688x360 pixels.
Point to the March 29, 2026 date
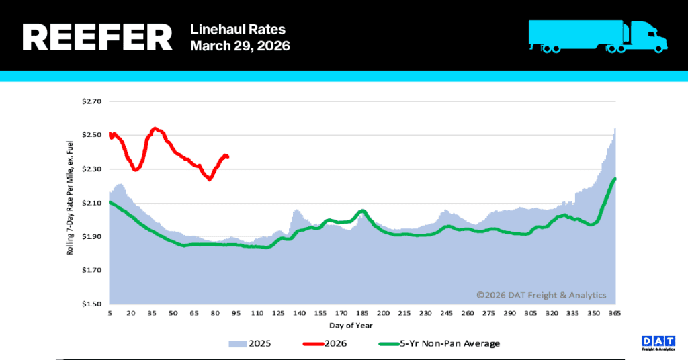click(240, 46)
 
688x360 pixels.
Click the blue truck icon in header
click(597, 36)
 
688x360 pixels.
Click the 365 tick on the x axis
click(614, 314)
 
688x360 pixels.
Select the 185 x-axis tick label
click(362, 314)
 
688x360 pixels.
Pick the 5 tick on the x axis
click(110, 314)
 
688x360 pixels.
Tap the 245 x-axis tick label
click(446, 314)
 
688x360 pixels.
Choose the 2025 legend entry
click(251, 343)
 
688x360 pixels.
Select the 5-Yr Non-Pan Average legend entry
click(439, 343)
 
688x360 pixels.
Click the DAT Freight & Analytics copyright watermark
click(542, 295)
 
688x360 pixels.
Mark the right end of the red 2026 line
click(228, 156)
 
